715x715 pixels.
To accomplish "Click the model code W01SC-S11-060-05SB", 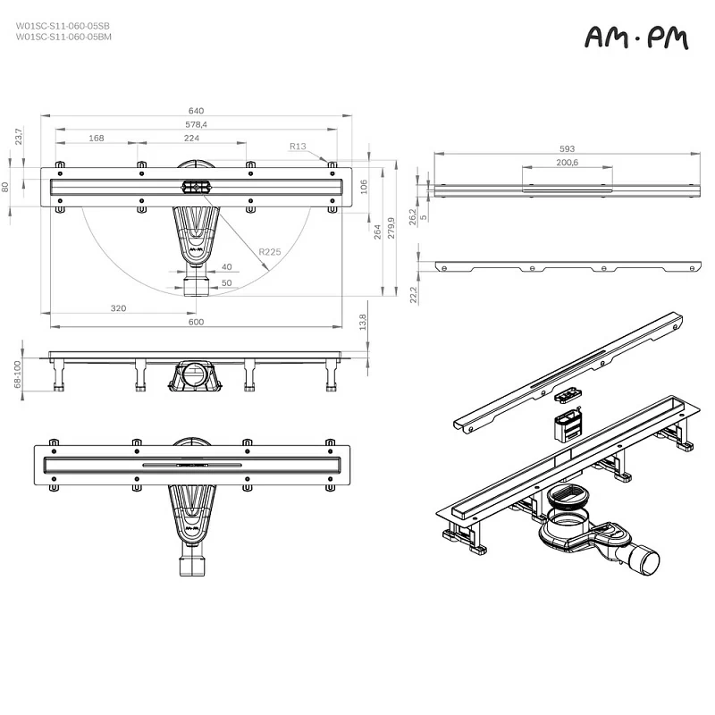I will tap(63, 26).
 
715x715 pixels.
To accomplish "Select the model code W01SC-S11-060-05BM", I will tap(63, 37).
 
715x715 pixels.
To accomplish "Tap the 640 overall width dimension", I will tap(194, 111).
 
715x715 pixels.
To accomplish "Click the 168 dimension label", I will tap(96, 138).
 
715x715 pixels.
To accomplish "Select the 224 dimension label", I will tap(191, 138).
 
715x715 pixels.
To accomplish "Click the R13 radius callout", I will tap(298, 146).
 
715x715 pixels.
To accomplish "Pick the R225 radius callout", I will tap(269, 252).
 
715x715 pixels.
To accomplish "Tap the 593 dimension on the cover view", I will tap(567, 149).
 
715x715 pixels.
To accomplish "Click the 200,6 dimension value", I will tap(567, 163).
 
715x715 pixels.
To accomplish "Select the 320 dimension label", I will tap(118, 307).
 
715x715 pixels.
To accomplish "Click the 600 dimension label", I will tap(196, 322).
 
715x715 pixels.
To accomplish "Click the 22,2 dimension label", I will tap(414, 294).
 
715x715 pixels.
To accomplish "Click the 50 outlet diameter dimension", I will tap(226, 282).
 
